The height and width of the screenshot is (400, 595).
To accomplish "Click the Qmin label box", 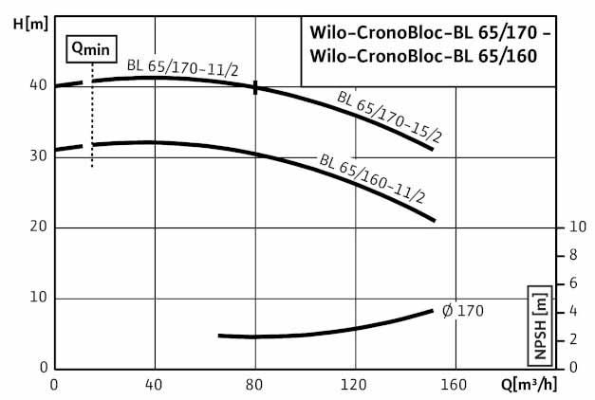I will click(x=91, y=48).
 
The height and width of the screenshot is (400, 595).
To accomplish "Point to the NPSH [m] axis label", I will click(x=540, y=324).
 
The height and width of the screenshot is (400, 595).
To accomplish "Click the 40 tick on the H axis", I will click(x=38, y=84).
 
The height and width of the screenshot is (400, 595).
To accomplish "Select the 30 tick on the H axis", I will click(x=38, y=155).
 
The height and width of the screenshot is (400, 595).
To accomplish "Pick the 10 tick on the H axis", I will click(x=38, y=299).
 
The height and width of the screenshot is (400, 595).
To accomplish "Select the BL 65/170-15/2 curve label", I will click(x=389, y=118).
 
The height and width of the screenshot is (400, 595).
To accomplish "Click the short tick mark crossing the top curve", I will click(x=255, y=87).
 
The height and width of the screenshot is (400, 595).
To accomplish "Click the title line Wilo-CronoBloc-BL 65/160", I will click(x=423, y=56).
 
